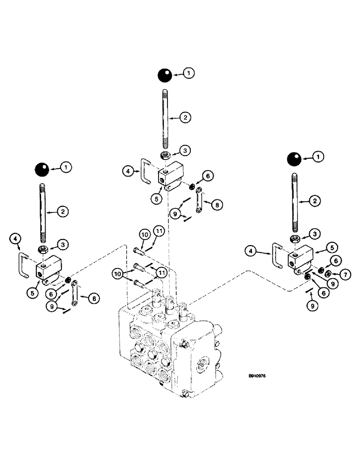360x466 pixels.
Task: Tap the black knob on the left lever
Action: point(42,169)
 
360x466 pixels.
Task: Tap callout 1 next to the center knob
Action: point(188,73)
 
